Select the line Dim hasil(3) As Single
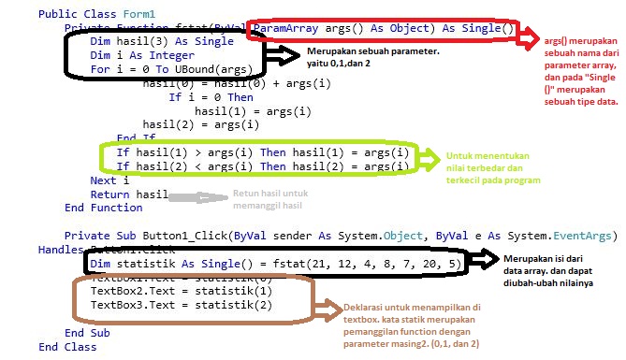(x=162, y=42)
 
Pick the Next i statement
(x=109, y=180)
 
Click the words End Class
(x=67, y=347)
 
